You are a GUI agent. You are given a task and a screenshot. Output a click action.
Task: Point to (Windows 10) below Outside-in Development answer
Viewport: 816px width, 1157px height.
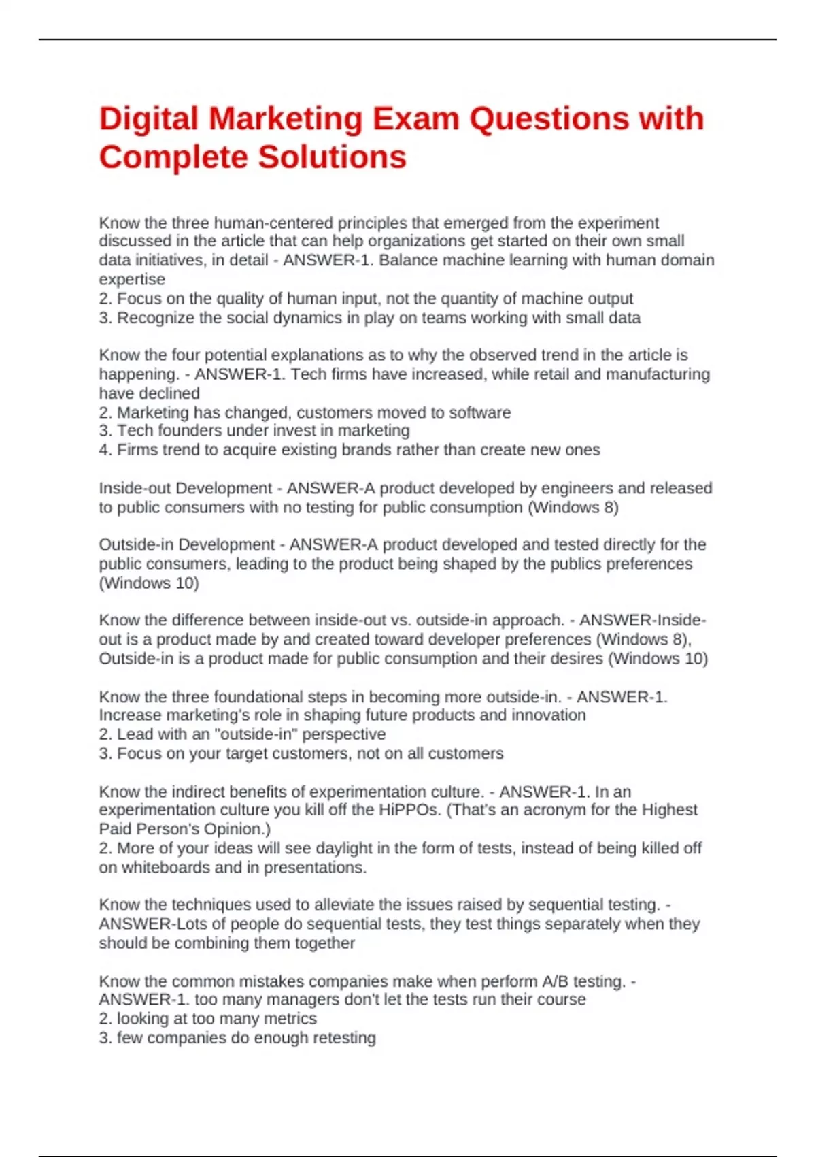149,583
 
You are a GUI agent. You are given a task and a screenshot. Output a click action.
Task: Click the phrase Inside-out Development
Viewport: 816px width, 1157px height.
185,489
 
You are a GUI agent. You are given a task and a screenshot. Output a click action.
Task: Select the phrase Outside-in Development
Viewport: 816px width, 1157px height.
186,545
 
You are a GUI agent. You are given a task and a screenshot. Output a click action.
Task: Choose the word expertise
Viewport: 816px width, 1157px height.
132,280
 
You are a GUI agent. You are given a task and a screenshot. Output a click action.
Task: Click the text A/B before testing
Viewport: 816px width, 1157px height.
555,981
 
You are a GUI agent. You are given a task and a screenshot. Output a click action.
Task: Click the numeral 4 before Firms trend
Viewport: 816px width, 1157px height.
103,450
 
